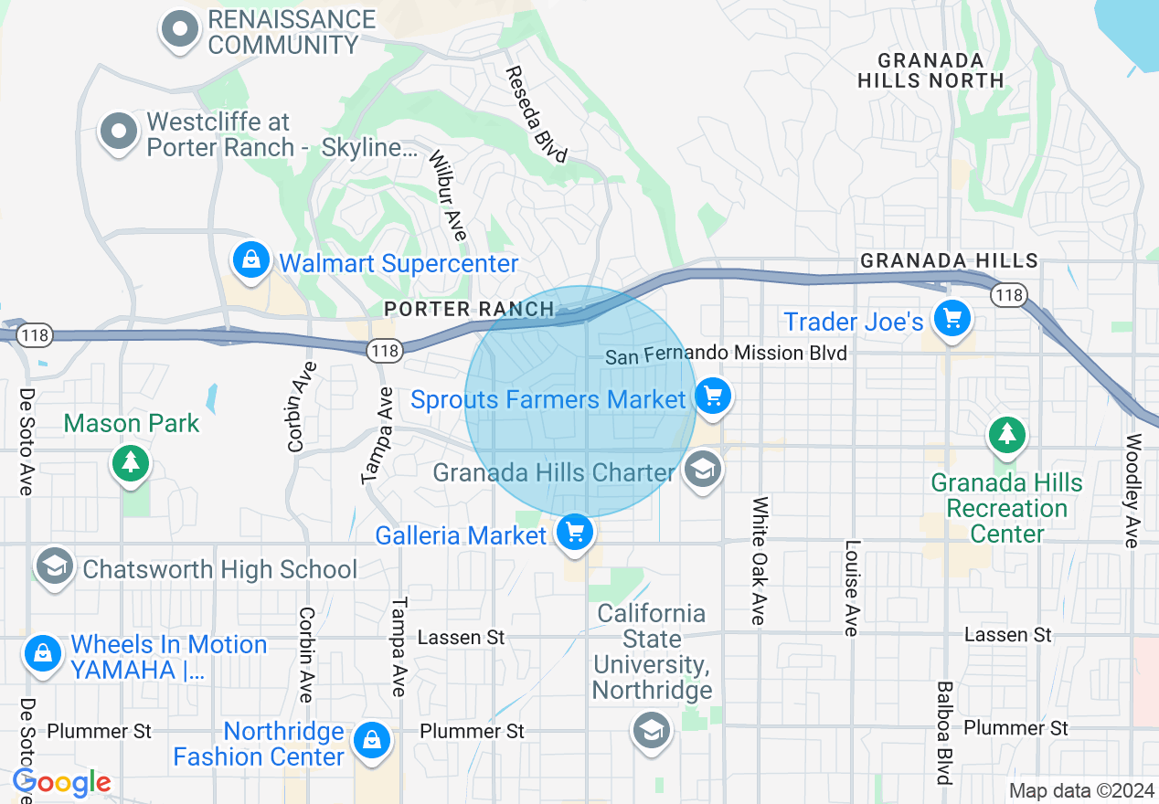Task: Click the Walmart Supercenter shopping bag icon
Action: (251, 260)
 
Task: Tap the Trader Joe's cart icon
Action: (952, 318)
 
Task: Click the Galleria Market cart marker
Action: (575, 531)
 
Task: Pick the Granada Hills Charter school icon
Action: (703, 471)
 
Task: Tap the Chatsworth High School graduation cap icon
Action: (55, 566)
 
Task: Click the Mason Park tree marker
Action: (131, 462)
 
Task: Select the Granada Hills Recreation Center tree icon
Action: (1007, 434)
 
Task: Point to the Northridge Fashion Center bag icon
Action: (372, 740)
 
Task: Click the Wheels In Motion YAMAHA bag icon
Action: (42, 653)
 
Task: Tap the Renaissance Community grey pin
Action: (180, 29)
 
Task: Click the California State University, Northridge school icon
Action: (651, 729)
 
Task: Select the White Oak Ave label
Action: (759, 561)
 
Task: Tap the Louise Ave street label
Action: (852, 587)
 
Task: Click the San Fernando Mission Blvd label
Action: (727, 354)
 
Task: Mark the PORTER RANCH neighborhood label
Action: (469, 309)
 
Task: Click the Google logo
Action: (62, 782)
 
